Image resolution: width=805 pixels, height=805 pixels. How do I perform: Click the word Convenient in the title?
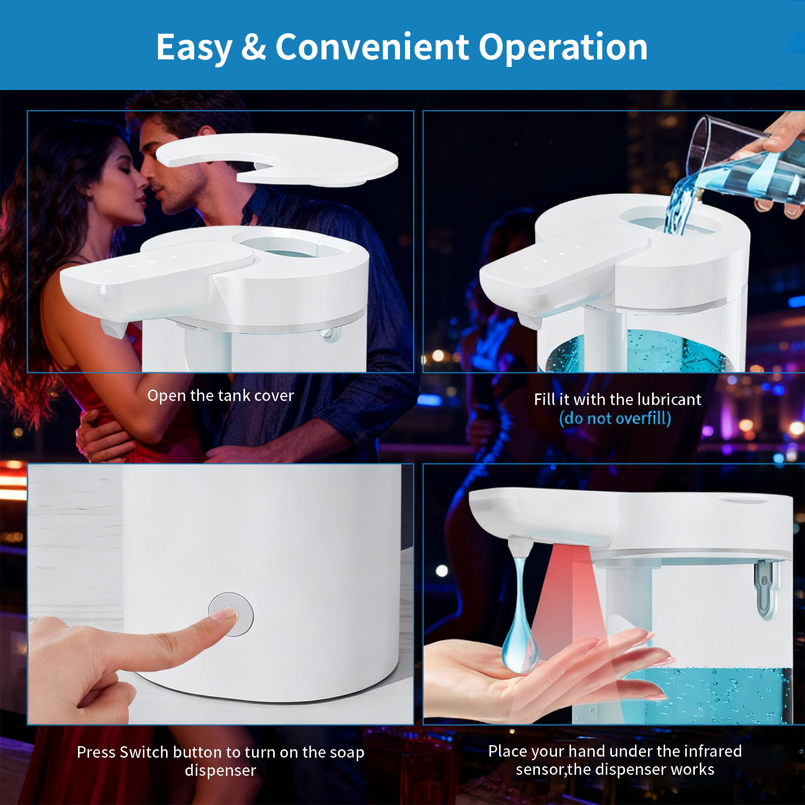[x=372, y=47]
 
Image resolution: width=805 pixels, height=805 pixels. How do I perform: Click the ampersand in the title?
[x=253, y=47]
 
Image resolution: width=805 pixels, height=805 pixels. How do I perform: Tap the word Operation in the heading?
[x=562, y=47]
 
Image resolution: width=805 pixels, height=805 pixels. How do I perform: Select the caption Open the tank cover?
[x=220, y=396]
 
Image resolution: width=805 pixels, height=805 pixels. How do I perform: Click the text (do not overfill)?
[x=615, y=419]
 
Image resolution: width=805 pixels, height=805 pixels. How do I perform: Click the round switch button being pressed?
[x=231, y=614]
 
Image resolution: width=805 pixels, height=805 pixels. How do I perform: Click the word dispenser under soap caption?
[x=220, y=771]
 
